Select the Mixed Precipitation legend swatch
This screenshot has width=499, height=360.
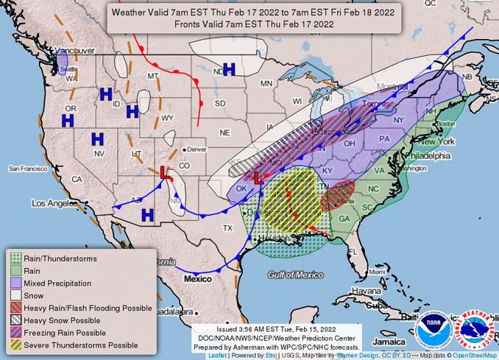15,283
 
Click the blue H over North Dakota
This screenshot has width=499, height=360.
229,69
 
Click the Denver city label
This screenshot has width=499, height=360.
196,149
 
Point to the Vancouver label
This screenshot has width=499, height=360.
77,50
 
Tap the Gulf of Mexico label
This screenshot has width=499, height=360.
297,275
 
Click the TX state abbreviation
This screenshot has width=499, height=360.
227,228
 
